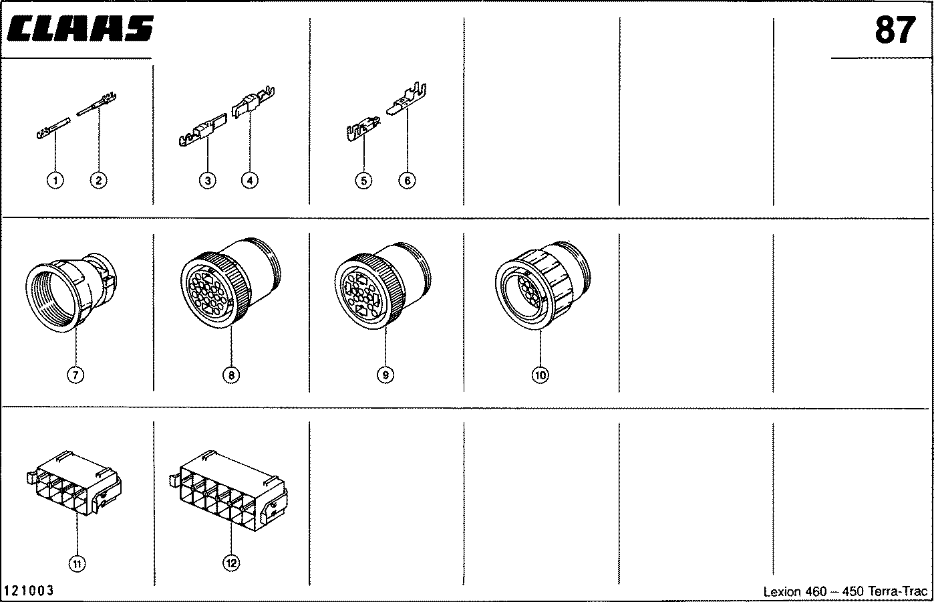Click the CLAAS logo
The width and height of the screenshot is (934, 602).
[x=80, y=29]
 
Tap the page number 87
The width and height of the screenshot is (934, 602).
[x=895, y=30]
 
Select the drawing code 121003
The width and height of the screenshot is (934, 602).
[x=29, y=591]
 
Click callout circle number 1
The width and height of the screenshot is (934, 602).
[x=55, y=181]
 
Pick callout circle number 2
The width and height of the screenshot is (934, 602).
[x=98, y=181]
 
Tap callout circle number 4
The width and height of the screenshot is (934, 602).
[x=250, y=181]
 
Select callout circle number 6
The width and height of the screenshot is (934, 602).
[x=408, y=181]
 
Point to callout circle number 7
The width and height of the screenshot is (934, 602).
[x=75, y=375]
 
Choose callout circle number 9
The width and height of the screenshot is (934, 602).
[x=385, y=375]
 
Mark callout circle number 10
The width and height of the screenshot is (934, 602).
[x=540, y=375]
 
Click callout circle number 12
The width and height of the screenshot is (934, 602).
[x=231, y=563]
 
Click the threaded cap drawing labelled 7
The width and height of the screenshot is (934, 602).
[x=71, y=292]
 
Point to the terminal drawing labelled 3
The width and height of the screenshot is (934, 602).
[x=203, y=130]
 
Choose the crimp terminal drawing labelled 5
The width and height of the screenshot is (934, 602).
[x=363, y=128]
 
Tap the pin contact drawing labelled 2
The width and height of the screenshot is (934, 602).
[x=97, y=104]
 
